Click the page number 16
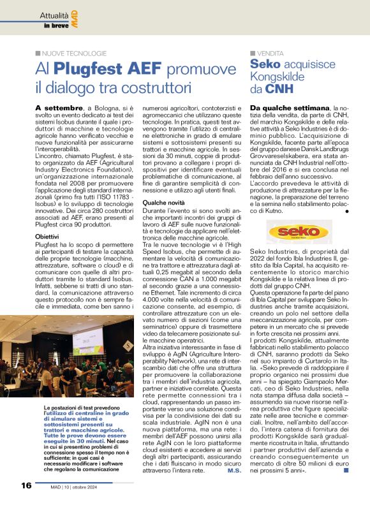(x=25, y=485)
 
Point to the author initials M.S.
(x=233, y=471)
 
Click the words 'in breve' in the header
(x=56, y=26)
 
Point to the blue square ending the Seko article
(x=346, y=471)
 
